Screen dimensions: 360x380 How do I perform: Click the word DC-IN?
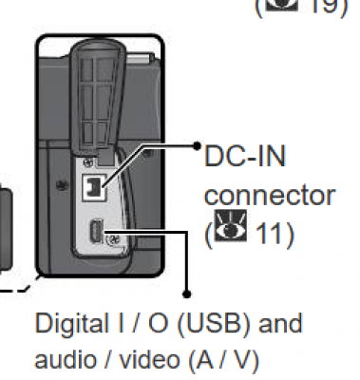point(245,156)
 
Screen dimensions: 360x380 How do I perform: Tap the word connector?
point(270,195)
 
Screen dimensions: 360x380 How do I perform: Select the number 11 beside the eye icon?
point(268,234)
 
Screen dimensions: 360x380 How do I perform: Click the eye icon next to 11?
point(230,226)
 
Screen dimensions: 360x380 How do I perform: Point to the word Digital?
point(72,324)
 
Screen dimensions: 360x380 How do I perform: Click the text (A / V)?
point(224,360)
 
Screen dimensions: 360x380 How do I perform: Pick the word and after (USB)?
point(280,323)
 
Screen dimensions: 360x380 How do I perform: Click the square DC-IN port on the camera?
point(94,187)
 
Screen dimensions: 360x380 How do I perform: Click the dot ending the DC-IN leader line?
point(197,146)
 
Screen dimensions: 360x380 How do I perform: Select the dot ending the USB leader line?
point(187,294)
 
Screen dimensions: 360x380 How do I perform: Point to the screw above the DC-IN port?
point(88,162)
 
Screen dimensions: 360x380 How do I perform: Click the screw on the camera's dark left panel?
point(63,185)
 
